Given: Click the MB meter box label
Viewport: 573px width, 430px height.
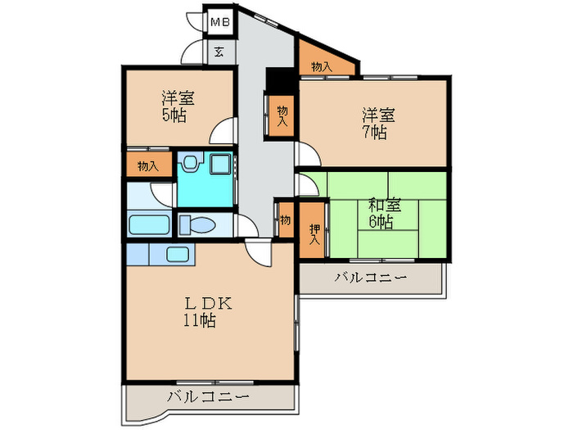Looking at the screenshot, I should point(219,22).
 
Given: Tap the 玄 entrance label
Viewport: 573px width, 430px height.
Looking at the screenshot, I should point(219,52).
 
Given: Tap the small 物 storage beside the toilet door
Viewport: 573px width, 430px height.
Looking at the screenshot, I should point(285,220).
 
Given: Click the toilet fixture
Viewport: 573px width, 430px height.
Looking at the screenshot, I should point(196,224).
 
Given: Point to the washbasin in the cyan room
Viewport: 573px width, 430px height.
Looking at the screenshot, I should point(187,165).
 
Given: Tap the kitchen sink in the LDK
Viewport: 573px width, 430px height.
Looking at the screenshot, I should point(176,254).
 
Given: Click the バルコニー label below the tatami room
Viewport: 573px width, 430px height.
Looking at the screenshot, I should point(370,278).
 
